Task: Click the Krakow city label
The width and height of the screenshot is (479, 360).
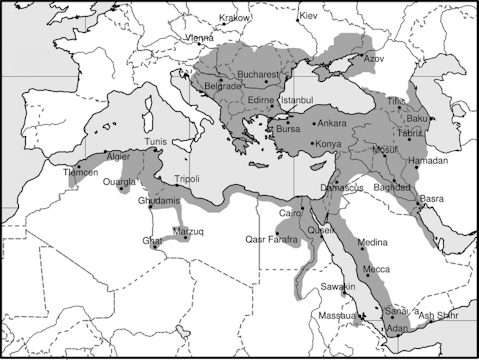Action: (x=234, y=18)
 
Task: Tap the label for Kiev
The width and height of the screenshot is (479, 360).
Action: (x=308, y=17)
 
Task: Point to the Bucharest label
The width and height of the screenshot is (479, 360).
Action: (x=262, y=75)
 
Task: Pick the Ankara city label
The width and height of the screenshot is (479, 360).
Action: (x=331, y=123)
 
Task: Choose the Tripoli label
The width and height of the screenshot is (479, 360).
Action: (x=188, y=179)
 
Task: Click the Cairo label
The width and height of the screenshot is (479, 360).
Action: (x=290, y=213)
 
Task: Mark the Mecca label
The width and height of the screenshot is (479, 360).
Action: (x=376, y=269)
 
